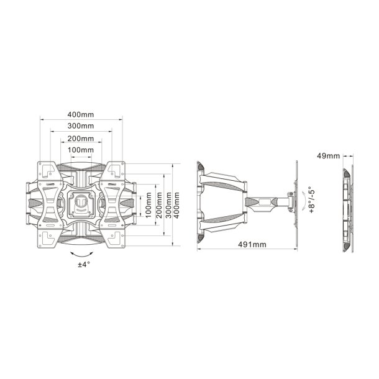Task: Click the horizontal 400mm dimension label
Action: click(x=81, y=114)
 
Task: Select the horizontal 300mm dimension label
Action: click(x=81, y=126)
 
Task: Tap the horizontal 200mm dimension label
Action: click(x=81, y=139)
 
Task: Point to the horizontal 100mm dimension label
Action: click(x=81, y=150)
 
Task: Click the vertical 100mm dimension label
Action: click(x=148, y=204)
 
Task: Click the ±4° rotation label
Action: click(x=83, y=264)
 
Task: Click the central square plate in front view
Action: click(x=81, y=204)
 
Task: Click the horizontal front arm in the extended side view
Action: click(x=268, y=201)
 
